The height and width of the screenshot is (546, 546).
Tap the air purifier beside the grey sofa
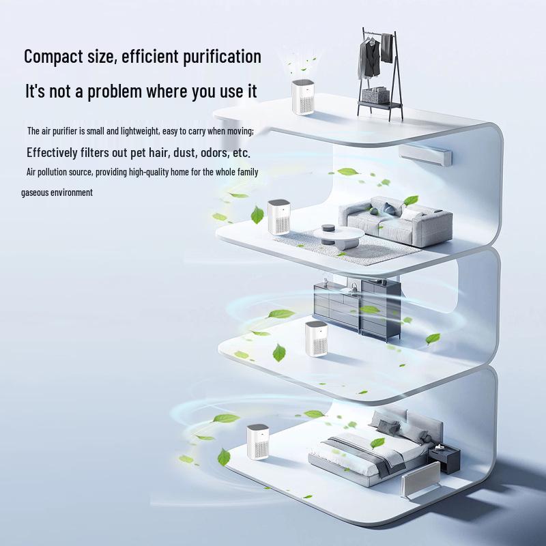pos(279,217)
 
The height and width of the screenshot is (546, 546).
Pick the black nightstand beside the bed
pos(445,461)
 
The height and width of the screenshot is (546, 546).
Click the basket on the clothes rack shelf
pos(374,95)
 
